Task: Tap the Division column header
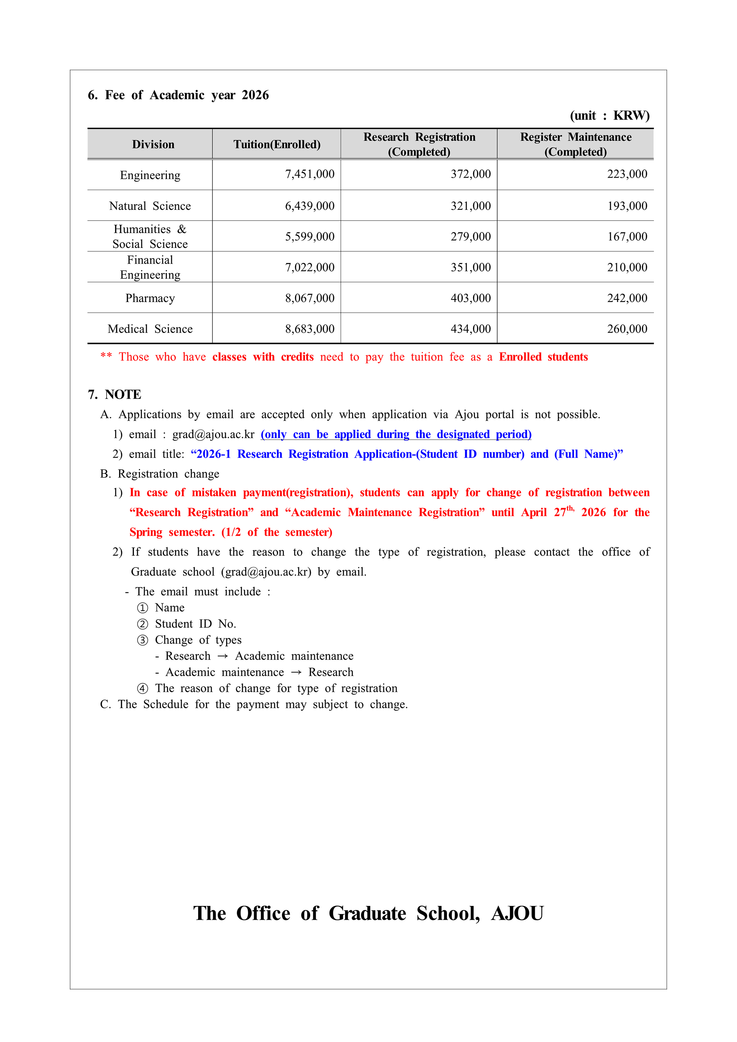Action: [x=153, y=144]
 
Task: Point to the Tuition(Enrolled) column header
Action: [x=277, y=144]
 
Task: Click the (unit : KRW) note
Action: [x=610, y=115]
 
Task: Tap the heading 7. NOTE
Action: [x=114, y=394]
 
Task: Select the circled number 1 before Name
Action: [x=143, y=608]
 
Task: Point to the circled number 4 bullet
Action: [x=143, y=688]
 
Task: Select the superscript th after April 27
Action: [x=570, y=508]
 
